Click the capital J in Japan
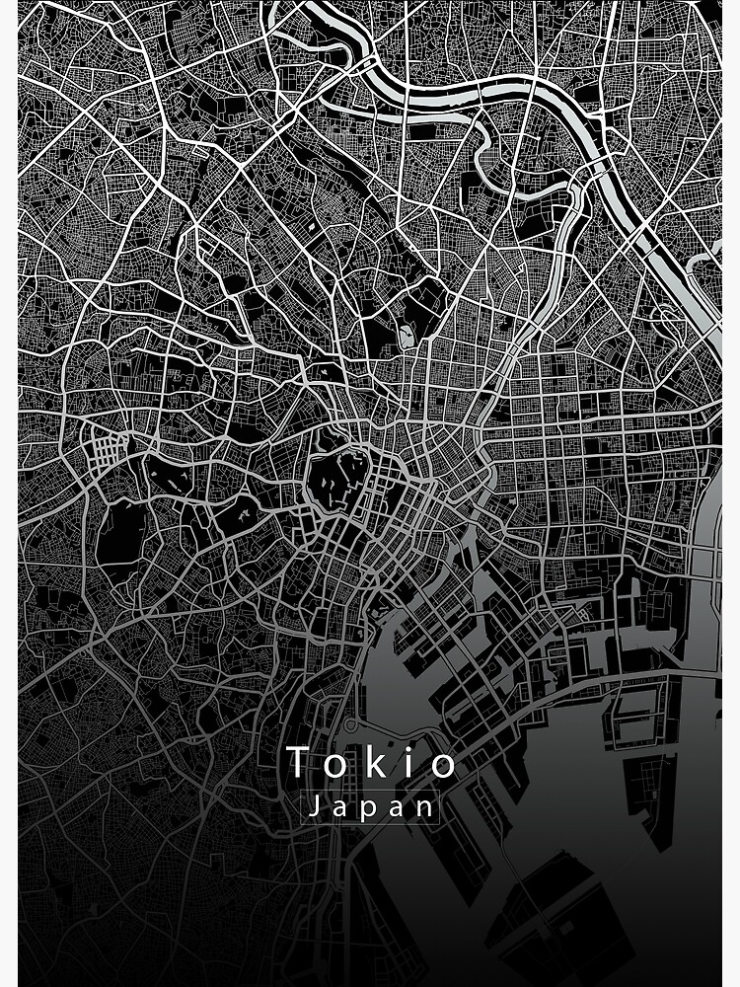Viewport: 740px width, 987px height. pyautogui.click(x=313, y=806)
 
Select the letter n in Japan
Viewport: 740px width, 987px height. pyautogui.click(x=425, y=808)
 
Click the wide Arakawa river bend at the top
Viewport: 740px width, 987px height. pyautogui.click(x=464, y=89)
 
